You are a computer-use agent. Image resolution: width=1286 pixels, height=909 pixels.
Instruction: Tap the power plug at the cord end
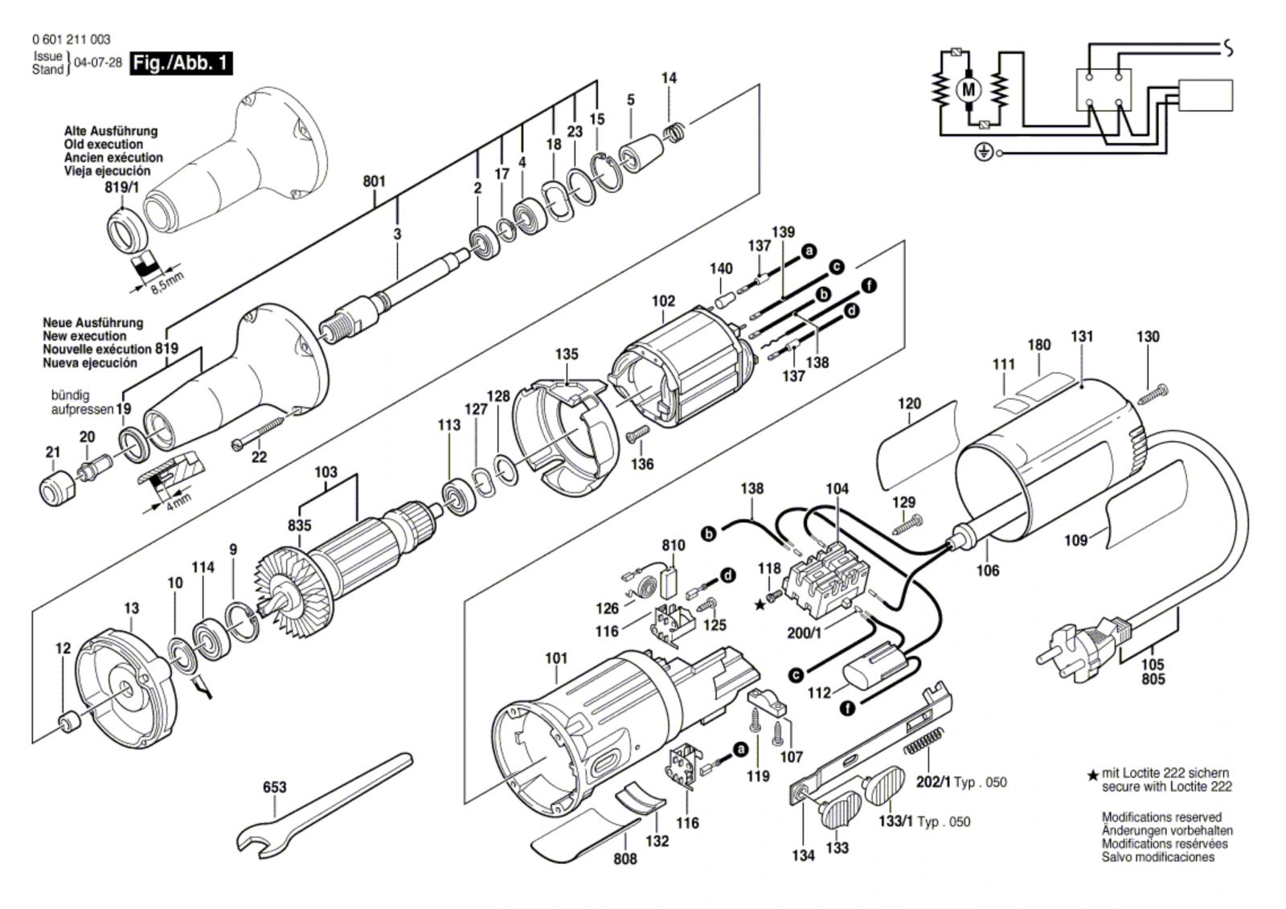coord(1077,643)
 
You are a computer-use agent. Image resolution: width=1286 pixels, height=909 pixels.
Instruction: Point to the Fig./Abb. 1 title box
coord(182,63)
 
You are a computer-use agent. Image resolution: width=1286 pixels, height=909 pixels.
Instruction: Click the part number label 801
coord(374,182)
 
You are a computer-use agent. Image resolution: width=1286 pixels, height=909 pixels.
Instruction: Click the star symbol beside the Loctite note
coord(1092,776)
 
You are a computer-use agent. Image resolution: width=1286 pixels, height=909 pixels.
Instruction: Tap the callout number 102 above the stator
coord(663,301)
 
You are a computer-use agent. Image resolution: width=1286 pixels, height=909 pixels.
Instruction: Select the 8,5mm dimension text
coord(167,282)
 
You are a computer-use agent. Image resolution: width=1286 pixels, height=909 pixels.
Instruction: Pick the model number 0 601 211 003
coord(72,39)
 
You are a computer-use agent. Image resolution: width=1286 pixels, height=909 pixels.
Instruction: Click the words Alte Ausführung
coord(111,131)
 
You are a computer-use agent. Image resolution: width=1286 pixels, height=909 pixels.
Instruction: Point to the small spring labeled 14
coord(674,132)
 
